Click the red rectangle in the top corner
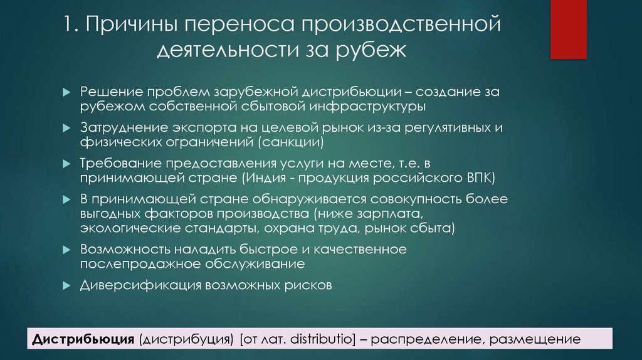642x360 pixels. pyautogui.click(x=568, y=29)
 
